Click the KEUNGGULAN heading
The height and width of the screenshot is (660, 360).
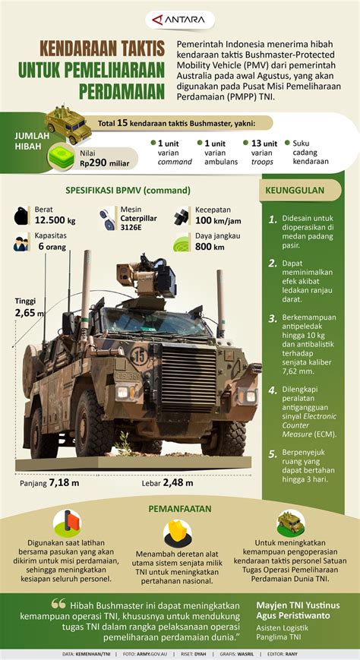coord(296,191)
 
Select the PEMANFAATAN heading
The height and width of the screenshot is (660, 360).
coord(180,508)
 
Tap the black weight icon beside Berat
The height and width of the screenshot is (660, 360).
coord(21,215)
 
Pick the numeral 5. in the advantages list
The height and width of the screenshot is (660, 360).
coord(272,455)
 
